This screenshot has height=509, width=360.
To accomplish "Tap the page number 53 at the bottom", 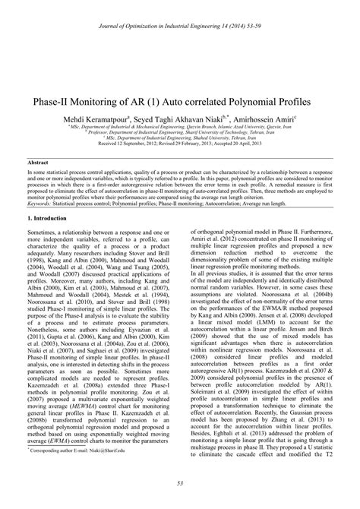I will [x=179, y=483].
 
